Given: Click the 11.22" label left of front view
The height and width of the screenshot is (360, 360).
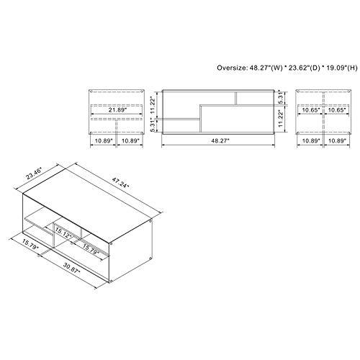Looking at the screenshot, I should pos(153,103).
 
